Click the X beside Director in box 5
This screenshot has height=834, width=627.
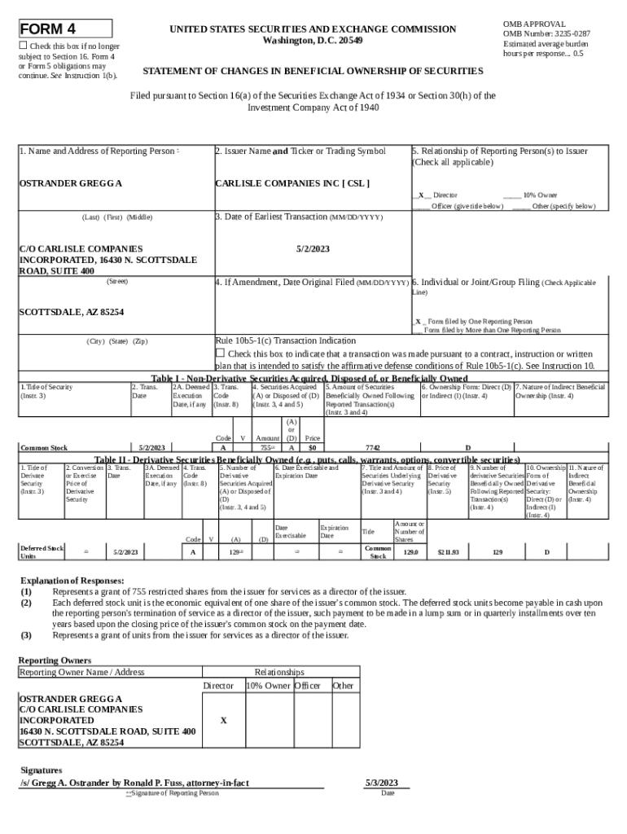coord(420,195)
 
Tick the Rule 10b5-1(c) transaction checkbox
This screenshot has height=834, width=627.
coord(219,353)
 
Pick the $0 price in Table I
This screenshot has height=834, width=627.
coord(311,447)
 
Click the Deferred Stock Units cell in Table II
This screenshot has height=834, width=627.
coord(42,552)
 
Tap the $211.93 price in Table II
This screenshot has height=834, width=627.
coord(448,552)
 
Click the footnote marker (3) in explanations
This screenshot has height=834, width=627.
coord(27,635)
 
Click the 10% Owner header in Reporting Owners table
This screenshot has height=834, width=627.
coord(268,686)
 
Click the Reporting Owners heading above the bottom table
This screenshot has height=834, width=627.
coord(55,660)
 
